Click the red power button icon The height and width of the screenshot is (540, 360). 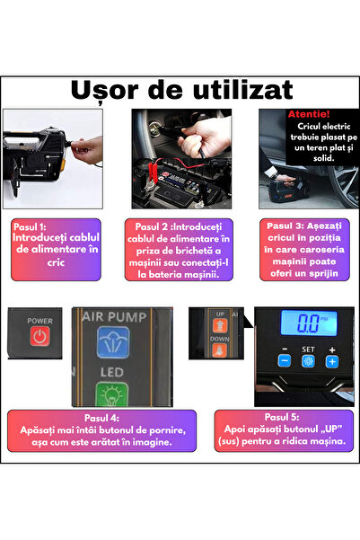click(x=40, y=336)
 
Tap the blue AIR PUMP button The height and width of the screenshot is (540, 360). click(x=113, y=342)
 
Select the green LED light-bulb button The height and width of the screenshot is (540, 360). click(x=112, y=394)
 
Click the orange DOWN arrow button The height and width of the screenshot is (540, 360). click(x=220, y=351)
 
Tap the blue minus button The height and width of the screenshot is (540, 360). click(x=285, y=361)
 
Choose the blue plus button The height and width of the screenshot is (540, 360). click(x=332, y=361)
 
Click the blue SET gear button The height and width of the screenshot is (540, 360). click(x=308, y=361)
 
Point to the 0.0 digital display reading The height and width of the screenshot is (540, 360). click(x=308, y=323)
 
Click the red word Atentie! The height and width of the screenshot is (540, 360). click(x=309, y=114)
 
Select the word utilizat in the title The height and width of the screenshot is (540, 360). click(x=243, y=90)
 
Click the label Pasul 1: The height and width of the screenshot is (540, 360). click(x=30, y=227)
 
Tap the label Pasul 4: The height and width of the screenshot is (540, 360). click(x=101, y=418)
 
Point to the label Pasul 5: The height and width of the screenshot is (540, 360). click(x=282, y=417)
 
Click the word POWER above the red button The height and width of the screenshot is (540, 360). click(x=40, y=321)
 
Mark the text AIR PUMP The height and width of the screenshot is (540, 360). click(x=115, y=317)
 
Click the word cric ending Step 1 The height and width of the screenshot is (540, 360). click(x=56, y=262)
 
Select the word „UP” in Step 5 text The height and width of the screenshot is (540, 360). click(x=331, y=429)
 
